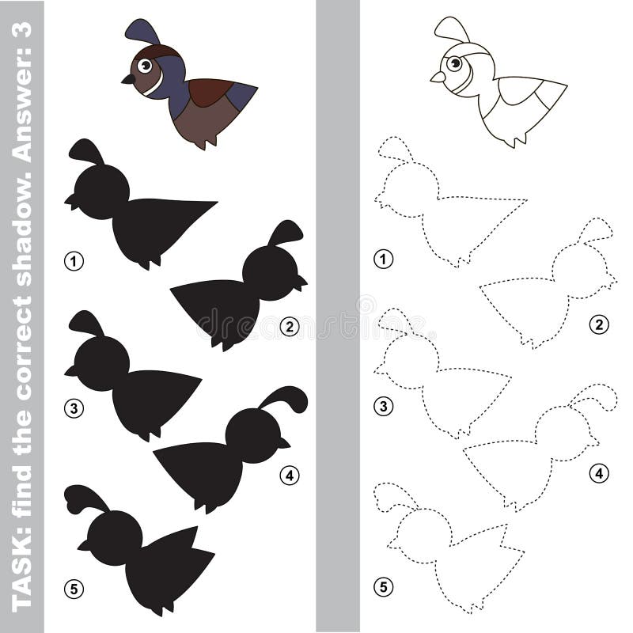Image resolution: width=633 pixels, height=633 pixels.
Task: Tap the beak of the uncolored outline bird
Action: click(437, 77)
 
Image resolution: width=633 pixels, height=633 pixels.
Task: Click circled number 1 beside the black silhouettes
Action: click(74, 260)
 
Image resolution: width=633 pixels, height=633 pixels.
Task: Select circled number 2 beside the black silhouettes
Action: click(290, 324)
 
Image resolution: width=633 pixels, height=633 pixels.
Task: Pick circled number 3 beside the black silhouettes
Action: click(74, 408)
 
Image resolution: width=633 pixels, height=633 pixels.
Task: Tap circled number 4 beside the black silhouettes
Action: click(290, 475)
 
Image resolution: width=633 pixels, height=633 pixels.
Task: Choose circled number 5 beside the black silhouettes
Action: click(74, 589)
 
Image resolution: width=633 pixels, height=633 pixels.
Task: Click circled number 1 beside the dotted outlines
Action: click(384, 259)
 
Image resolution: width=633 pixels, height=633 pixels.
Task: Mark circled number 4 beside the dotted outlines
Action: click(599, 473)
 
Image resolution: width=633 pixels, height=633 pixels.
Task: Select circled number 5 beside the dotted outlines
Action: click(384, 586)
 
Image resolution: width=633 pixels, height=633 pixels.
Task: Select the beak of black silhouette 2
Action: click(302, 281)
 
